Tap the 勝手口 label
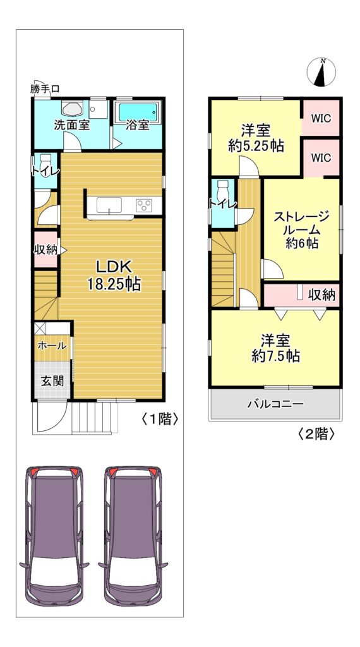45,88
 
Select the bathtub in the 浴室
138,112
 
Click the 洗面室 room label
71,126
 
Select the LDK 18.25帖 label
114,275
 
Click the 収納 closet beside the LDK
45,250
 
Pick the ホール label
52,346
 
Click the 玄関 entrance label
52,381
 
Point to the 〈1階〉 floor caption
160,420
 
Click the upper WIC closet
321,118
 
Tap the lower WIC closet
321,157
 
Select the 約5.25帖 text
256,146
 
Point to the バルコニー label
275,404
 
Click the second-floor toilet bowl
224,188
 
